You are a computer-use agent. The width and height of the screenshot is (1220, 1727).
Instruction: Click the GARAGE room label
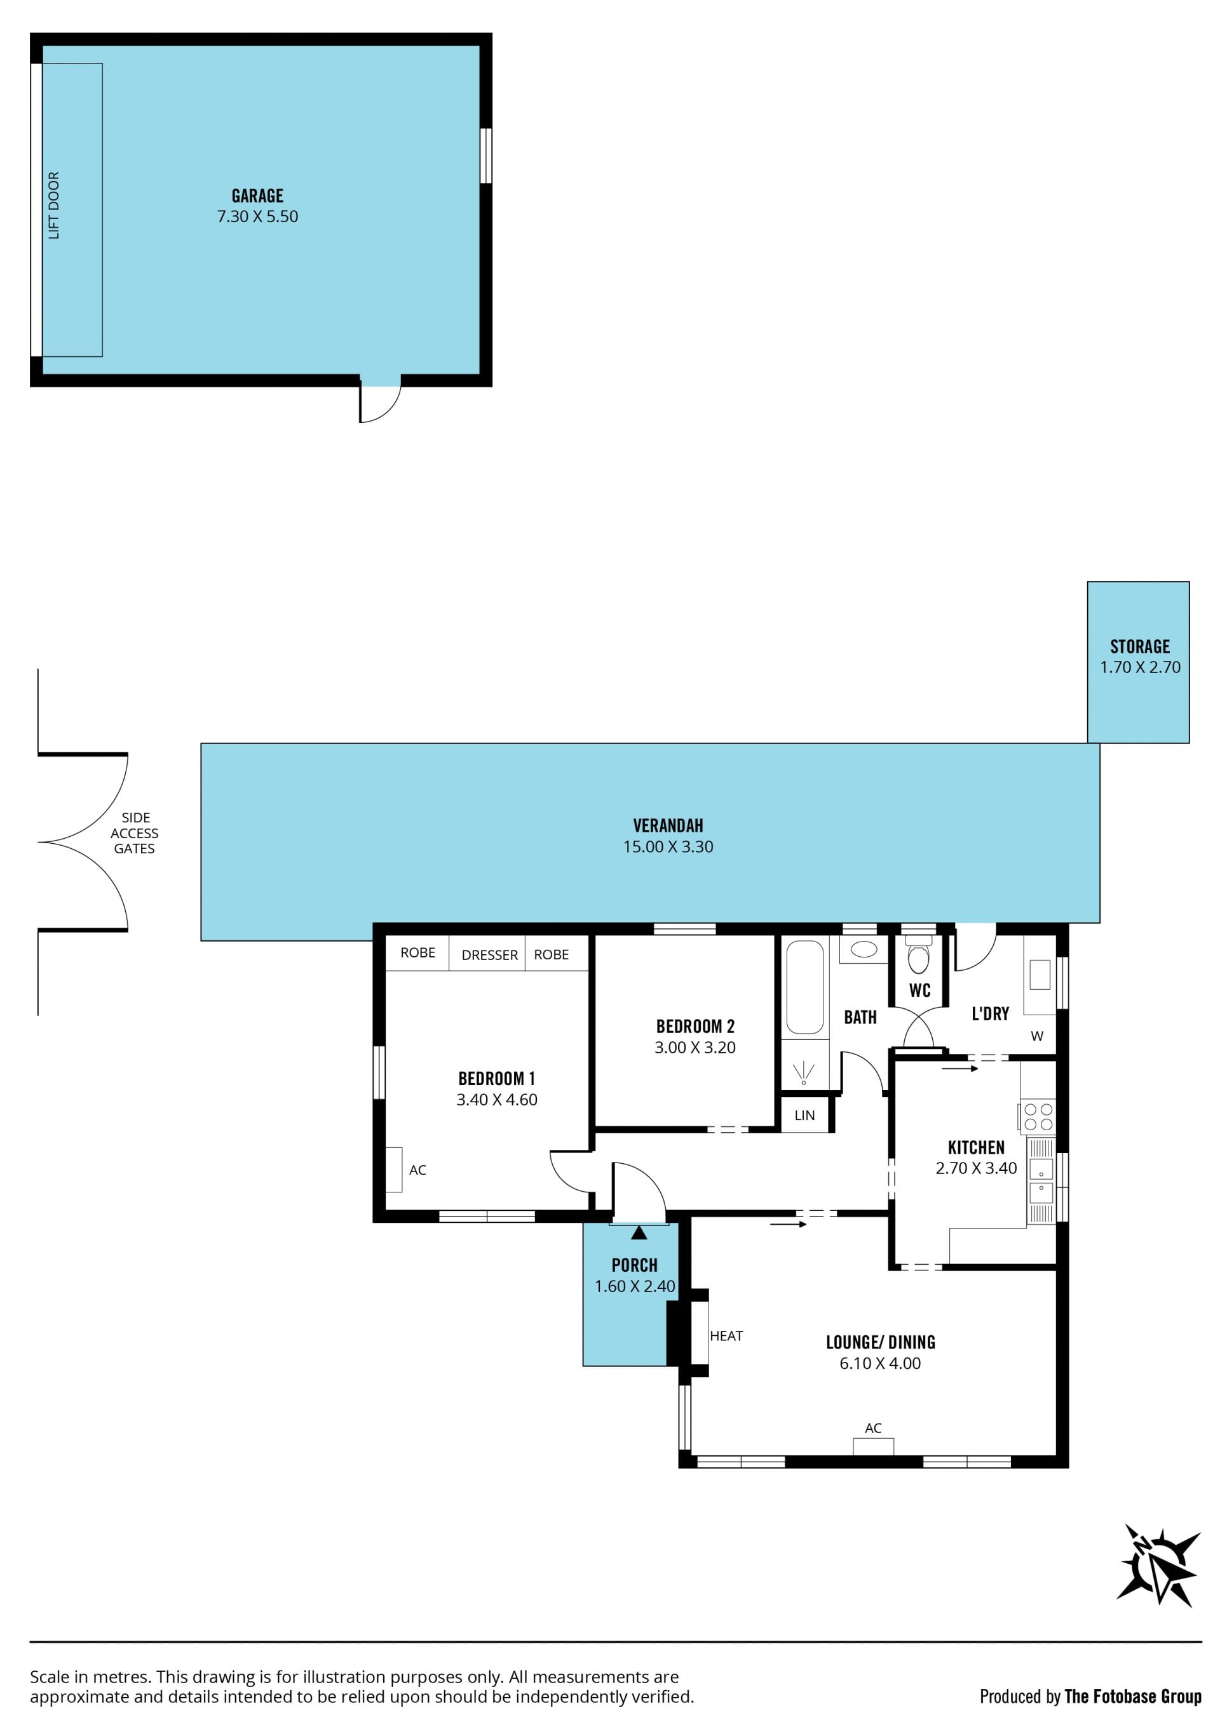click(x=257, y=196)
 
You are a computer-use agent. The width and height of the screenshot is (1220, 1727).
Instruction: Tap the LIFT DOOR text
click(x=53, y=205)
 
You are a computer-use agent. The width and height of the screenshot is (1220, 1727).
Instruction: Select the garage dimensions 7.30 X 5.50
click(x=257, y=217)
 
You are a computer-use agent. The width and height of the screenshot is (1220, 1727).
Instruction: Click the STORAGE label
click(x=1139, y=646)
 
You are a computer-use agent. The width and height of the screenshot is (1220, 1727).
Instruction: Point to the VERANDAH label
click(x=668, y=825)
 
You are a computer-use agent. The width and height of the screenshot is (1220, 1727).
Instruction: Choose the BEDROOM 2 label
click(x=695, y=1026)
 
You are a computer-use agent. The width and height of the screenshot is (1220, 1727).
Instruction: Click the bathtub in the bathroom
click(x=804, y=987)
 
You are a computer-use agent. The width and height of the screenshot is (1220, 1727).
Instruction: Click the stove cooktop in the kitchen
click(x=1038, y=1116)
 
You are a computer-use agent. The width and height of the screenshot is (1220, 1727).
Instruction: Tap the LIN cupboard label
click(x=804, y=1116)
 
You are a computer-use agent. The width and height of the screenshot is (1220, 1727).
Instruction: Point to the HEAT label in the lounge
click(x=726, y=1336)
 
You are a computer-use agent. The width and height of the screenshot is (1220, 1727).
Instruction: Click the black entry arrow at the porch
click(x=639, y=1233)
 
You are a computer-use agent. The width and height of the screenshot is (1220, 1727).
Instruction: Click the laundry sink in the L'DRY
click(x=1040, y=974)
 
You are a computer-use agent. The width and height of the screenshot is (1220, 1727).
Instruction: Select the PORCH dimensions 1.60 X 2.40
click(x=634, y=1286)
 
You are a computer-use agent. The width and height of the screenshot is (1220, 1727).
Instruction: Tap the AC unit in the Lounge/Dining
click(x=873, y=1446)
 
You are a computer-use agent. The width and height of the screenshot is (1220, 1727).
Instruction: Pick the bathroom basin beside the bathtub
click(x=864, y=949)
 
